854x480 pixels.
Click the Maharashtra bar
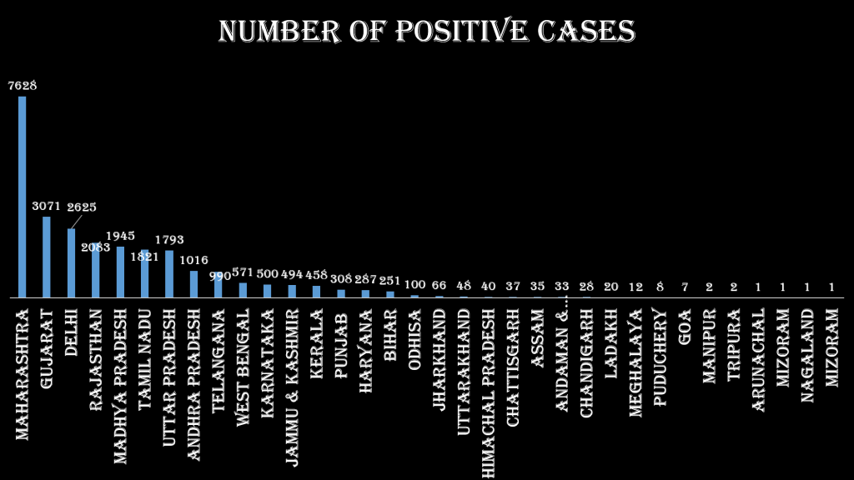coord(23,197)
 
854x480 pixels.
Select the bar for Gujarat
coord(47,257)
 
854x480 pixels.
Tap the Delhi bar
coord(71,262)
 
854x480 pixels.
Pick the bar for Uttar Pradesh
coord(169,273)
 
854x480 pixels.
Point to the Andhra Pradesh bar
coord(193,283)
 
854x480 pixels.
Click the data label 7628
coord(23,85)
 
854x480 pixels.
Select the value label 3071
coord(47,205)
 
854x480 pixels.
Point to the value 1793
coord(169,240)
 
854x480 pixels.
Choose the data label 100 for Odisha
coord(414,285)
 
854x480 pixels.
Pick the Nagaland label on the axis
coord(807,354)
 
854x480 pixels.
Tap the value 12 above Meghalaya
coord(635,286)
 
